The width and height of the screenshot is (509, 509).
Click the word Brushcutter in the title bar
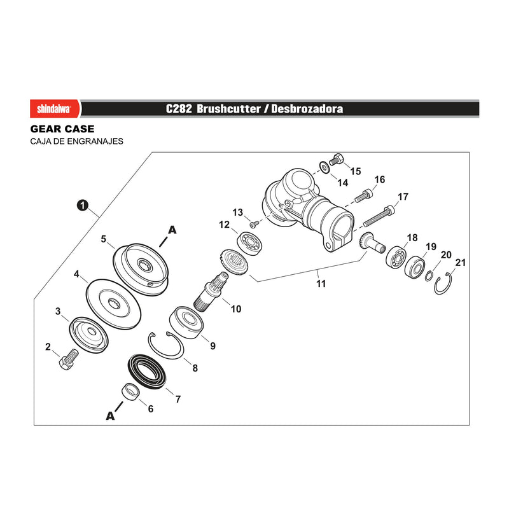(x=228, y=109)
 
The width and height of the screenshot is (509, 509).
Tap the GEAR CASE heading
(x=62, y=129)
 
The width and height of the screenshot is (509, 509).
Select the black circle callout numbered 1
(x=83, y=206)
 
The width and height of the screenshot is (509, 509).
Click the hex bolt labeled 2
(x=69, y=359)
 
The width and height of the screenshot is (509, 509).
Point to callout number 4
(x=76, y=274)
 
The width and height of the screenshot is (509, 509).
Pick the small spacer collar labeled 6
(x=132, y=392)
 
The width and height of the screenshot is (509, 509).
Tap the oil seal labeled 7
(x=147, y=372)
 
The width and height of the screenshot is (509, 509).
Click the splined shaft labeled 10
(x=211, y=292)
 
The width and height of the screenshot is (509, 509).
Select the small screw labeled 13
(x=254, y=224)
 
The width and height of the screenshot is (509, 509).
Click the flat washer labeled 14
(x=324, y=167)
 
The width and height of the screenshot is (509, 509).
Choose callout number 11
(x=321, y=284)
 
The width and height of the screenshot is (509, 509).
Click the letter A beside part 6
(x=110, y=415)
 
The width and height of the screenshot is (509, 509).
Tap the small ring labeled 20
(x=429, y=276)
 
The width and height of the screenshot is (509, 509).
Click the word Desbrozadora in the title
(x=307, y=109)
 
